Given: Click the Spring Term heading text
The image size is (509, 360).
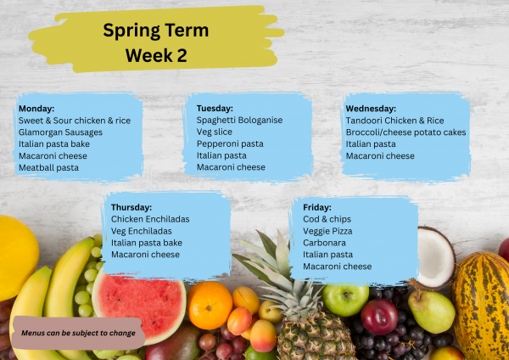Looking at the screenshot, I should click(x=155, y=31).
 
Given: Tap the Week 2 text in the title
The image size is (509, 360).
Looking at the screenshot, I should click(x=155, y=55).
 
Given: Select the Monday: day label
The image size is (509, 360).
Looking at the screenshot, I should click(x=36, y=109).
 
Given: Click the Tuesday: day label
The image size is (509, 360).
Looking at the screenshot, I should click(x=215, y=109).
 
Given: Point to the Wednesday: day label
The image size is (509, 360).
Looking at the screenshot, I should click(x=371, y=109).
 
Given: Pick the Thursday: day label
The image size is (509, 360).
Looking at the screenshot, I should click(x=131, y=207).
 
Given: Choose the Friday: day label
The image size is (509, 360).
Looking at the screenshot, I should click(x=317, y=207).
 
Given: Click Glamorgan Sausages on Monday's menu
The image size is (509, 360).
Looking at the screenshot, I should click(x=60, y=132).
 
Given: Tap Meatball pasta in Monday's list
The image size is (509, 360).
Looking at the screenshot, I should click(x=48, y=168).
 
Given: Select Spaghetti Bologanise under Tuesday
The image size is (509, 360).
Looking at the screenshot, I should click(x=239, y=121).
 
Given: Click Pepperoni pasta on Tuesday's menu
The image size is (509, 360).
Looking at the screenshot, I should click(x=230, y=144).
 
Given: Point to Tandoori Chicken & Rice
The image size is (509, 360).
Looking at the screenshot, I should click(x=394, y=121).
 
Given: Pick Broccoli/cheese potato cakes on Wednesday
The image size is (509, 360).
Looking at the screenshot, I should click(x=406, y=132).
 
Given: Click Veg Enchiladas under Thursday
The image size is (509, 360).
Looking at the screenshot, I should click(x=142, y=231).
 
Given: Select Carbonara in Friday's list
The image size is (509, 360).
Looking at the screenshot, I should click(x=325, y=243).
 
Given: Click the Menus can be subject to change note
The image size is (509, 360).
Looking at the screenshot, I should click(x=78, y=334).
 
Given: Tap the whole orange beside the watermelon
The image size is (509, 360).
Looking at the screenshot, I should click(x=210, y=305).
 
